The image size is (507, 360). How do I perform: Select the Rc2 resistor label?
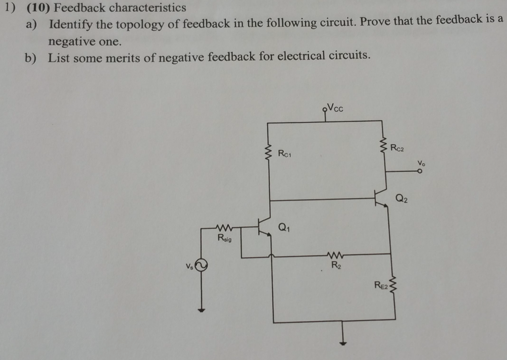click(397, 147)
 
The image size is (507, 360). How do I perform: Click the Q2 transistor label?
click(402, 199)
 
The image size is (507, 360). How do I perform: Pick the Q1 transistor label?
click(284, 228)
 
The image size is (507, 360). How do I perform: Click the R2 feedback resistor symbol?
click(336, 256)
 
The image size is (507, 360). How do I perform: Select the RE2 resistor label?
click(381, 284)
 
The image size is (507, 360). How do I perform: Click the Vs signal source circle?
click(201, 266)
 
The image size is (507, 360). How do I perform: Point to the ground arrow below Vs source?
click(201, 309)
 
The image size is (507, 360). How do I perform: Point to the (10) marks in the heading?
click(37, 8)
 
